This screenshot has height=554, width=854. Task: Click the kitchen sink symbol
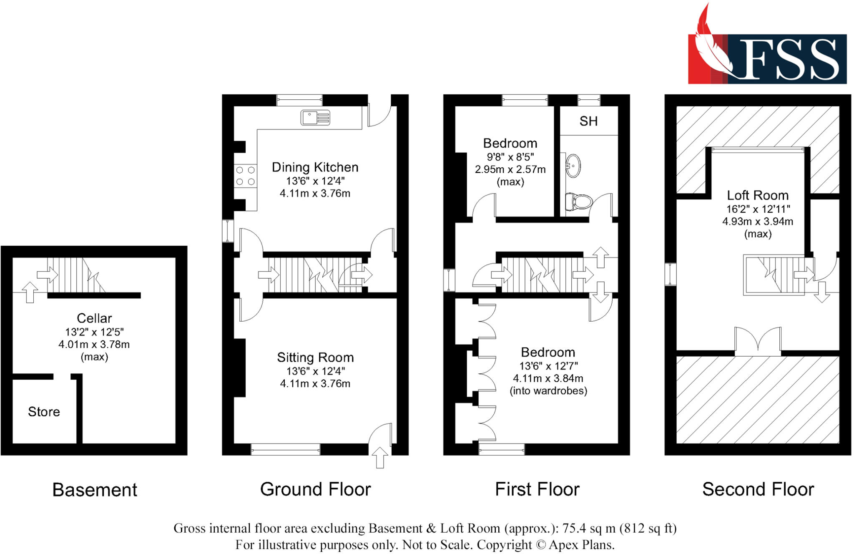coord(315,118)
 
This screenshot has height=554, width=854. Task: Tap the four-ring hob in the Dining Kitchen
coord(246,176)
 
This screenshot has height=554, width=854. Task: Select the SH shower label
coord(588,121)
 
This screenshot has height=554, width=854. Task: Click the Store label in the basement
coord(44,412)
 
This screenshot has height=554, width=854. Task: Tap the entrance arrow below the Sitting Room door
coord(380,457)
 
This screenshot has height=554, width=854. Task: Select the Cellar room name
coord(94,318)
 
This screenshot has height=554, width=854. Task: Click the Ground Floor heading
coord(315,489)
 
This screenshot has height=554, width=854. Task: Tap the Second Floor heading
coord(758,489)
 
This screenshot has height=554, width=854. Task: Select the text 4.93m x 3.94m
coord(757,222)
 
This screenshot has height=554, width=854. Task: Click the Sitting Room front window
coord(286,449)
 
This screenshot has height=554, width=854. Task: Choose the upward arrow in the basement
coord(30,292)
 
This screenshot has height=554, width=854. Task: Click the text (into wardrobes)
coord(548,391)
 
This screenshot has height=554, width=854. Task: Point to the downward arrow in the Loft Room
coord(821,292)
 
